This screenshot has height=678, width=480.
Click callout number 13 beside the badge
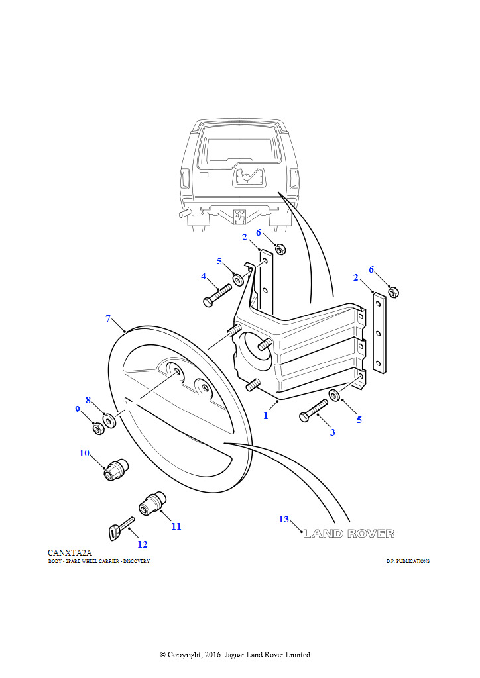284,519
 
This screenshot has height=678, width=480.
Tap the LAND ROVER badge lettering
349,534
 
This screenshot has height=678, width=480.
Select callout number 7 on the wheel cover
108,318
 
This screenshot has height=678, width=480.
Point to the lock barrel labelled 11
152,503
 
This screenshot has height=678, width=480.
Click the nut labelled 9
97,428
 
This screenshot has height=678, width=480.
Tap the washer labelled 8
109,420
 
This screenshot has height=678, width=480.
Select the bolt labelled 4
217,294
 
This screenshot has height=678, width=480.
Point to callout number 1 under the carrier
266,416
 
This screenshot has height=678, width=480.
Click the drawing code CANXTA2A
70,552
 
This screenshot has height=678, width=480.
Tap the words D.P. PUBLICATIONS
408,561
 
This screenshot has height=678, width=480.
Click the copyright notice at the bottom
236,655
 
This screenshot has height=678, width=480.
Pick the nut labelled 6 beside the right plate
392,291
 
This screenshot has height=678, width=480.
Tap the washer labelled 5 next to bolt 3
334,396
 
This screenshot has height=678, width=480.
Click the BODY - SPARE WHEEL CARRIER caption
99,561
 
